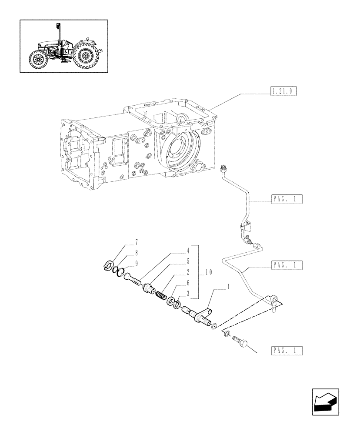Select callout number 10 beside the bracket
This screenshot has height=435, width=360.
209,272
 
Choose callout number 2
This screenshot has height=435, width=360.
188,272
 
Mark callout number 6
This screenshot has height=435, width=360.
188,283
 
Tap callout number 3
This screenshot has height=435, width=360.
188,294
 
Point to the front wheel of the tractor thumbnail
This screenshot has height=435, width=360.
37,60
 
